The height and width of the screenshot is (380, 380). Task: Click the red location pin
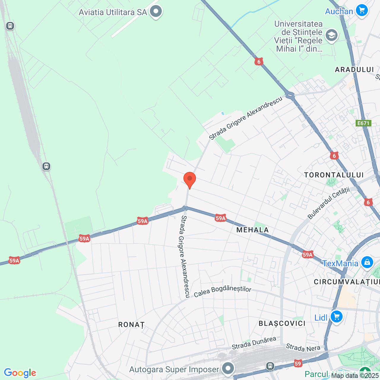189,179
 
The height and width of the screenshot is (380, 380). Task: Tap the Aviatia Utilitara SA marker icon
156,12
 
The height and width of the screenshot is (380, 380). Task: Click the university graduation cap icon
331,36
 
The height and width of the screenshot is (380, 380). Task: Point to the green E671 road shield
363,123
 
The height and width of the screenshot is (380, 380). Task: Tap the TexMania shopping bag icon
367,263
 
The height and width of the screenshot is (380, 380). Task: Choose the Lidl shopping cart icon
336,317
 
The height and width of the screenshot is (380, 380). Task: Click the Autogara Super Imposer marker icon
228,369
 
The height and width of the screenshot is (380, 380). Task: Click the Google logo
20,373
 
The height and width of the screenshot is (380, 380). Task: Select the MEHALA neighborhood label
253,230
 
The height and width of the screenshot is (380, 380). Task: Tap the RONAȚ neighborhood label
131,324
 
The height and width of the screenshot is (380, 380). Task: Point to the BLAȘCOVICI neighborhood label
282,323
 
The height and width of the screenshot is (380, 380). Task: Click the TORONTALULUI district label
334,175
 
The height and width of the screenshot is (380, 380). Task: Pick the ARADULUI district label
354,69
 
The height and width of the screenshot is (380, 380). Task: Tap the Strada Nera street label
303,348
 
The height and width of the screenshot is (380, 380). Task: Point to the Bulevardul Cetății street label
329,203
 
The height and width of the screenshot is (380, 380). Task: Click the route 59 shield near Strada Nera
298,363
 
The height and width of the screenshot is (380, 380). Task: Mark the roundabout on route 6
290,96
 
